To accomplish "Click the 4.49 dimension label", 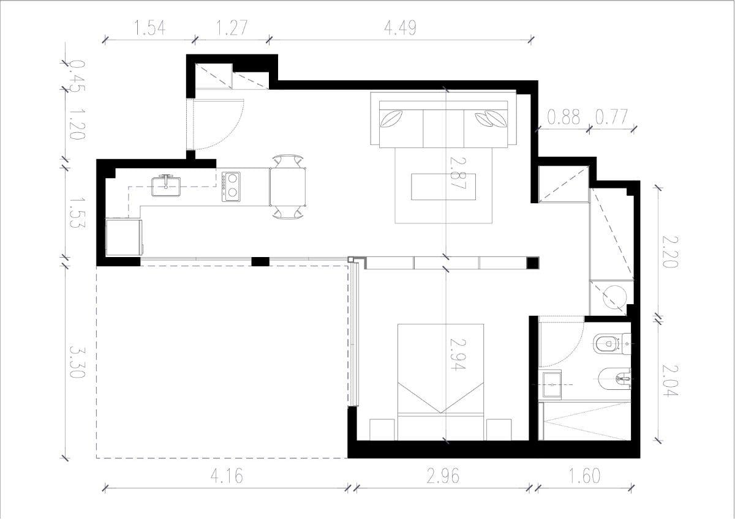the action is [401, 28].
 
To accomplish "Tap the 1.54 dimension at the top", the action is [149, 28].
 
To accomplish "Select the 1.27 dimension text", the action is [231, 28].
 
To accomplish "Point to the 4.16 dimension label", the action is [227, 476].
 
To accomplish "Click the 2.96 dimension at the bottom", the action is [443, 476].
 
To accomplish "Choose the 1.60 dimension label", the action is [584, 476].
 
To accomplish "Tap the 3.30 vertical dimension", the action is [77, 362].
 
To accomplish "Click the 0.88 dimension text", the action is [563, 117].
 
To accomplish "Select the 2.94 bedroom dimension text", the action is [458, 354].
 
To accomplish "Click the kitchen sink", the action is [166, 186].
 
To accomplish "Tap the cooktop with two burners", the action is [231, 187].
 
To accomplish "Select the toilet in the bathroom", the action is [612, 344].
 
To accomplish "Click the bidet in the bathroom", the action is [614, 379].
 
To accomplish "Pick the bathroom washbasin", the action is [552, 384].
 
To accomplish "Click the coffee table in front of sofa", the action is [443, 187].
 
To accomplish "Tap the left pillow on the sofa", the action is [391, 119].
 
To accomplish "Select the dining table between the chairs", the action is [288, 187].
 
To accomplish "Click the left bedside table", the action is [382, 430].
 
